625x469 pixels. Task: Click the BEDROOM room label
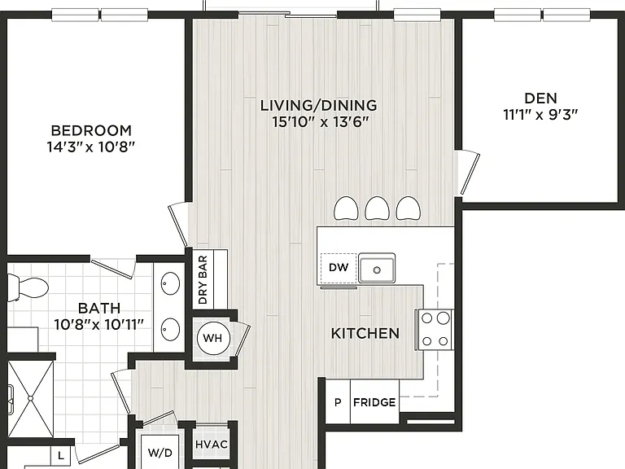[91, 130]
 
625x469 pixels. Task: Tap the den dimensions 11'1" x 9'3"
[540, 115]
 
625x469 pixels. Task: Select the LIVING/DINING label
[318, 105]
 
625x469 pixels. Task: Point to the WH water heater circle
[213, 338]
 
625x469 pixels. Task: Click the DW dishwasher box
[339, 268]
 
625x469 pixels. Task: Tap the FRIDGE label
[374, 402]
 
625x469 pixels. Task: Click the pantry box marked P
[338, 401]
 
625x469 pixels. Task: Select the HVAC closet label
[212, 445]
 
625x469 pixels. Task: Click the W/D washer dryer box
[160, 452]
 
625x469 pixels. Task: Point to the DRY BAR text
[203, 279]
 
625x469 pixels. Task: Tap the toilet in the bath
[28, 287]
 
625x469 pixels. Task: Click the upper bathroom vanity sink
[171, 283]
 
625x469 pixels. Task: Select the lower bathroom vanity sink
[171, 330]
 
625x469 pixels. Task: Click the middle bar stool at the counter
[377, 208]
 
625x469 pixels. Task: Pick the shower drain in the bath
[31, 398]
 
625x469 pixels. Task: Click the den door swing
[468, 173]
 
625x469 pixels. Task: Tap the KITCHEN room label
[365, 333]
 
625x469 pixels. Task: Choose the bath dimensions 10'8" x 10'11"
[98, 325]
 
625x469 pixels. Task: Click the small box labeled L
[60, 455]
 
